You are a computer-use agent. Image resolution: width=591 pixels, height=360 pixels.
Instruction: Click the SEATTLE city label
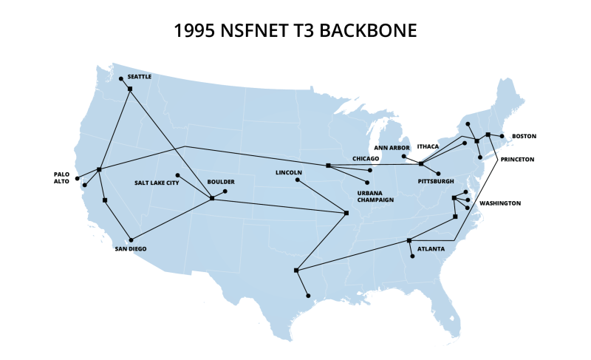coord(139,76)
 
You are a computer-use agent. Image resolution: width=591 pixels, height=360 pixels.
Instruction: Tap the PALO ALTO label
coord(61,177)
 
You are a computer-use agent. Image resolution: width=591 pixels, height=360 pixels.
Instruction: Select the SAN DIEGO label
coord(130,249)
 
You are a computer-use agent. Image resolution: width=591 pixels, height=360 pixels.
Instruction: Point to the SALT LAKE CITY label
coord(157,183)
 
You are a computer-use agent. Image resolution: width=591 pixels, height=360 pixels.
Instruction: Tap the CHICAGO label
coord(366,158)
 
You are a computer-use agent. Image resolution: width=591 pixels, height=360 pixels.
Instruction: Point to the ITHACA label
coord(428,146)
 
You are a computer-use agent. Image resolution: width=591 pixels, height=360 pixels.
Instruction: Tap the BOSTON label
coord(524,136)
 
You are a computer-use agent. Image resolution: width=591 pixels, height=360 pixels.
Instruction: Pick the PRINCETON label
coord(517,159)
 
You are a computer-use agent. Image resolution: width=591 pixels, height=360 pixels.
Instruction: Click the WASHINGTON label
coord(500,203)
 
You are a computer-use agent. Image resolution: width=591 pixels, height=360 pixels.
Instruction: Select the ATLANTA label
coord(431,249)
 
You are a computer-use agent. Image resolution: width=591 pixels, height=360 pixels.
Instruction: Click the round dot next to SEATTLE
coord(121,78)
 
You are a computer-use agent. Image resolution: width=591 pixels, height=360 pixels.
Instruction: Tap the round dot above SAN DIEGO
coord(131,240)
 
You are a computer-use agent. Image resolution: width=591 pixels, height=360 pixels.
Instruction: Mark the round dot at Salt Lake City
coord(177,176)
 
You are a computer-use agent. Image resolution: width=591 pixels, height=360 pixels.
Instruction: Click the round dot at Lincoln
coord(298,180)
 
